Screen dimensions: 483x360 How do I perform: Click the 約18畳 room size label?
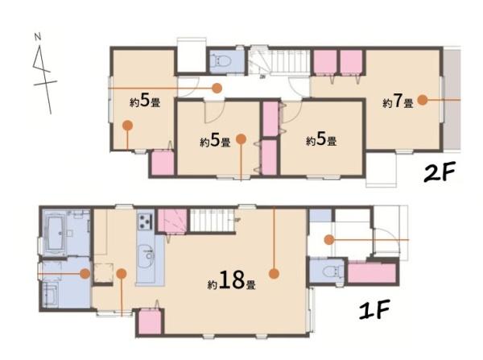coord(232,281)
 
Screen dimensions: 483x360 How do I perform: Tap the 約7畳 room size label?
coord(398,101)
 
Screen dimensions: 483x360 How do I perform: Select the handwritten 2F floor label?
coord(440,173)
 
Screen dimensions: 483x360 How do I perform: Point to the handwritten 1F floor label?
coord(374,309)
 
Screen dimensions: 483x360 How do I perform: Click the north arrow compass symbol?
coord(43,74)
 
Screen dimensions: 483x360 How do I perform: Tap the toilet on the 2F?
coord(222,60)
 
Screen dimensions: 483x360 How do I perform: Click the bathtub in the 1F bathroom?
coord(56,233)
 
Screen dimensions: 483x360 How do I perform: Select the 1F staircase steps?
coord(212,221)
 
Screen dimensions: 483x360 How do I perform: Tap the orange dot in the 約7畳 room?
coord(423,100)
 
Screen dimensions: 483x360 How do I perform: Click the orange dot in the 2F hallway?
coord(217,88)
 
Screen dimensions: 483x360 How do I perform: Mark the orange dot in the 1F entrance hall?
coord(329,239)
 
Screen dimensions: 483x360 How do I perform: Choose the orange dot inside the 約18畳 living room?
coord(274,273)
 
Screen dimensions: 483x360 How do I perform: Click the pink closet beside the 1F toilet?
coord(371,273)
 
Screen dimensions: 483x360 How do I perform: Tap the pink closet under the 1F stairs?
coord(172,221)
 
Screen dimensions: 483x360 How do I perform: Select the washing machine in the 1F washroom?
coord(50,295)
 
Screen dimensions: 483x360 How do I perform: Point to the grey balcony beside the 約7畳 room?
coord(452,98)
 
